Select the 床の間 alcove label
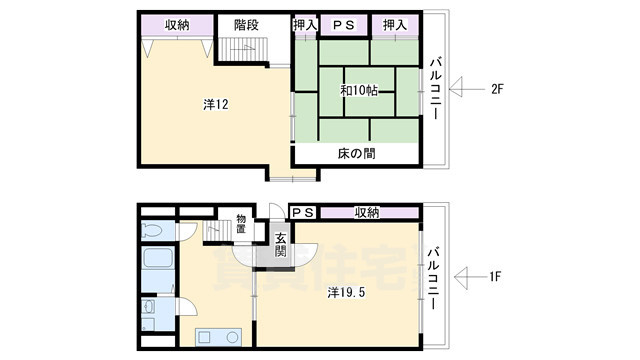(356, 153)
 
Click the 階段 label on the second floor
(247, 25)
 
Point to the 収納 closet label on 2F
(176, 25)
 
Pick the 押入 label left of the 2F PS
(304, 25)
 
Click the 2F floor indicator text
(497, 89)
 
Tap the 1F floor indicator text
(496, 273)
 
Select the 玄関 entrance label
(281, 246)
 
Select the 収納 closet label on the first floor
(366, 212)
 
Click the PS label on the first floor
(303, 212)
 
